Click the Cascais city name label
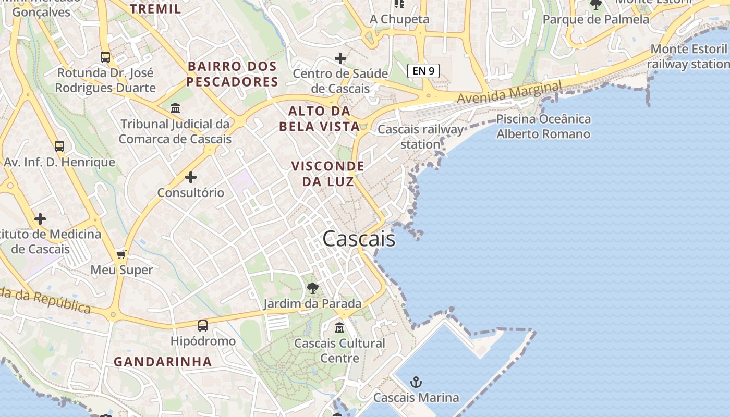coord(359,239)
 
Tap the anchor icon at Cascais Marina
coord(416,382)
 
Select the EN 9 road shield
coord(423,71)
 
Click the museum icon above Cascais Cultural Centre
coord(339,327)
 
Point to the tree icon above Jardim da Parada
coord(312,288)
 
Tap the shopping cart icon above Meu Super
coord(121,254)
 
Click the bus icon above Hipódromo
coord(203,326)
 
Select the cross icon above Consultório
coord(191,177)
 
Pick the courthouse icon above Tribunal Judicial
coord(175,108)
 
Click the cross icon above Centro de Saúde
coord(340,58)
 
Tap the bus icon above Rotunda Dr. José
coord(105,57)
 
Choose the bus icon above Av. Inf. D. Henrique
coord(59,146)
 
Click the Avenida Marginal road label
coord(509,92)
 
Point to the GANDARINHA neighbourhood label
coord(163,362)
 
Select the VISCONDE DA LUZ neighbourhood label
coord(327,174)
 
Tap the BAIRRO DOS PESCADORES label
coord(233,74)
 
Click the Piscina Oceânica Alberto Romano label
coord(543,126)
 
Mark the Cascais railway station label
coord(420,137)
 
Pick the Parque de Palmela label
coord(596,19)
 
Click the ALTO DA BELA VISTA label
coord(320,118)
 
